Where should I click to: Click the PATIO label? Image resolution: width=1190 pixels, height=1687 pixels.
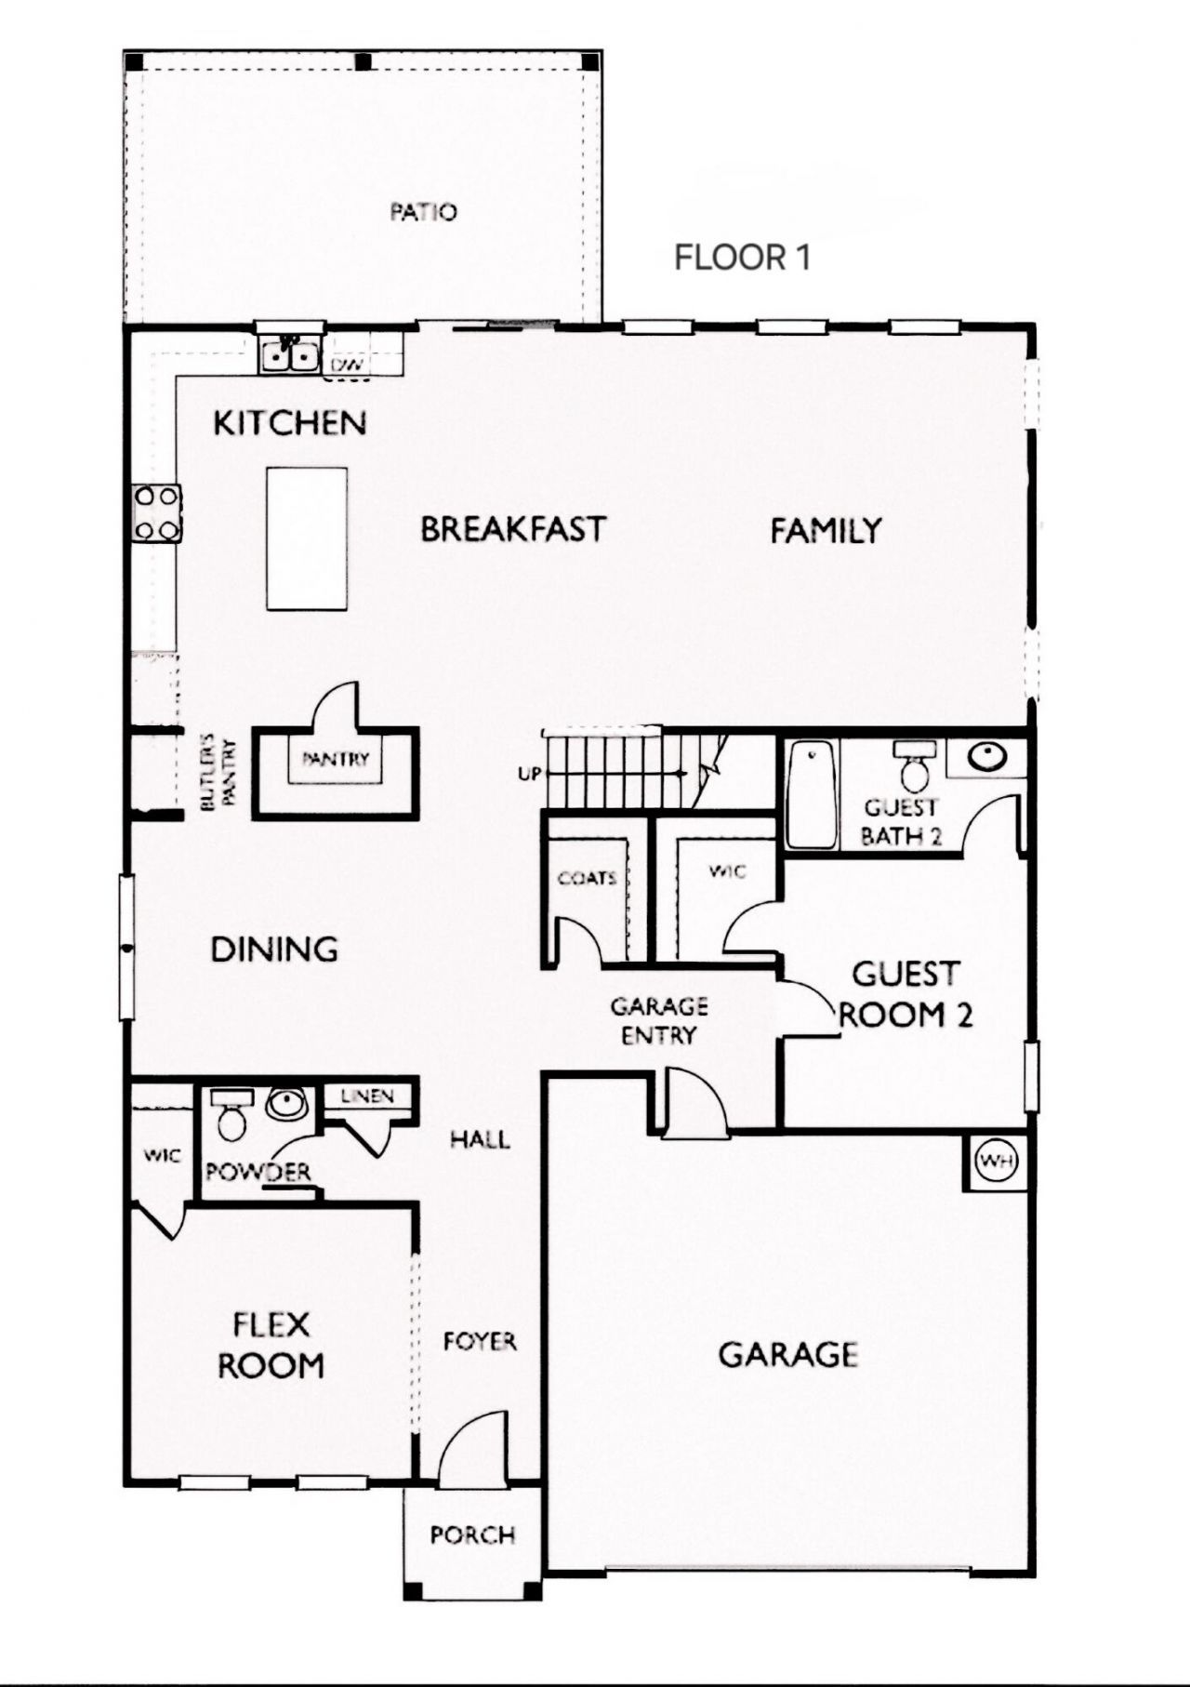coord(423,212)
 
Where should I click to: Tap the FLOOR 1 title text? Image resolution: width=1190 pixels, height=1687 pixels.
coord(742,258)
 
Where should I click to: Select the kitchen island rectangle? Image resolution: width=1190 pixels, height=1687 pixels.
coord(307,538)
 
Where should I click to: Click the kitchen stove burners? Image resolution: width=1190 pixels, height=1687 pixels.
coord(157,513)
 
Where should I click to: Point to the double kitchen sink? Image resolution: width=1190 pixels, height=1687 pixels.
coord(289,354)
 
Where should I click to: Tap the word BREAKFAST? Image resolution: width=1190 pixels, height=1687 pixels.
coord(513,530)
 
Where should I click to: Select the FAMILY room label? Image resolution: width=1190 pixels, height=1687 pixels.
coord(826,531)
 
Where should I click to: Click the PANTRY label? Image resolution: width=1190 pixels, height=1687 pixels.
coord(336,759)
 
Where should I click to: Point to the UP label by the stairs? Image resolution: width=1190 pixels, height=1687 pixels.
coord(529,774)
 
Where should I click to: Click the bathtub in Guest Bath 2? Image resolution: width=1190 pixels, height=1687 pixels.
coord(812,794)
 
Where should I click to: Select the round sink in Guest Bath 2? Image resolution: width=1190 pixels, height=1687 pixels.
coord(985,758)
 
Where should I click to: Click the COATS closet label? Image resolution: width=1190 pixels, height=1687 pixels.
coord(587,878)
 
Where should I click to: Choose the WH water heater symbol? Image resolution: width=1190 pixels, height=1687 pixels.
coord(996,1162)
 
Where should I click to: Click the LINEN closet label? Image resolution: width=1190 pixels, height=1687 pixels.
coord(367,1096)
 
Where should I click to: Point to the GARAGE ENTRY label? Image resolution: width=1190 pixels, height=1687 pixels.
coord(658,1020)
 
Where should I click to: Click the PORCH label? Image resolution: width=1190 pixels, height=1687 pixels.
coord(472,1534)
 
